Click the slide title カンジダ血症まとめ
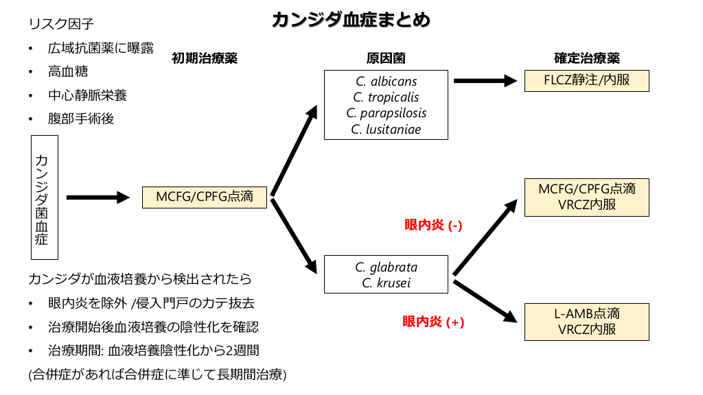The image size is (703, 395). tap(351, 19)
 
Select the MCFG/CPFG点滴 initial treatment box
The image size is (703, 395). tap(204, 197)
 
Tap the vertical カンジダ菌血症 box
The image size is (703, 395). tap(45, 198)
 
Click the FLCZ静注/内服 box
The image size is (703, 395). tap(586, 80)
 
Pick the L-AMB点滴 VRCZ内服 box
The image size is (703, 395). tap(586, 322)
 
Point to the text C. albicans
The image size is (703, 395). tap(386, 82)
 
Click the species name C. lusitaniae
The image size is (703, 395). tap(386, 129)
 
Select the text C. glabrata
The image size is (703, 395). tap(386, 267)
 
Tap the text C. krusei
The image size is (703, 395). tap(386, 283)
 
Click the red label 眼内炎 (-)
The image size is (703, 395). tap(433, 224)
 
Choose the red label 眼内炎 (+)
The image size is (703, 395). tap(433, 321)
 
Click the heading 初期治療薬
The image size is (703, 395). tap(205, 58)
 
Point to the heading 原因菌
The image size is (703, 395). tap(386, 58)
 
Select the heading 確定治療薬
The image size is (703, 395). tap(586, 58)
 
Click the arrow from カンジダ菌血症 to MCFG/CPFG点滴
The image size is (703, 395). tap(98, 197)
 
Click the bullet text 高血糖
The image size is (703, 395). tap(68, 71)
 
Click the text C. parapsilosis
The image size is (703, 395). tap(386, 113)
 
